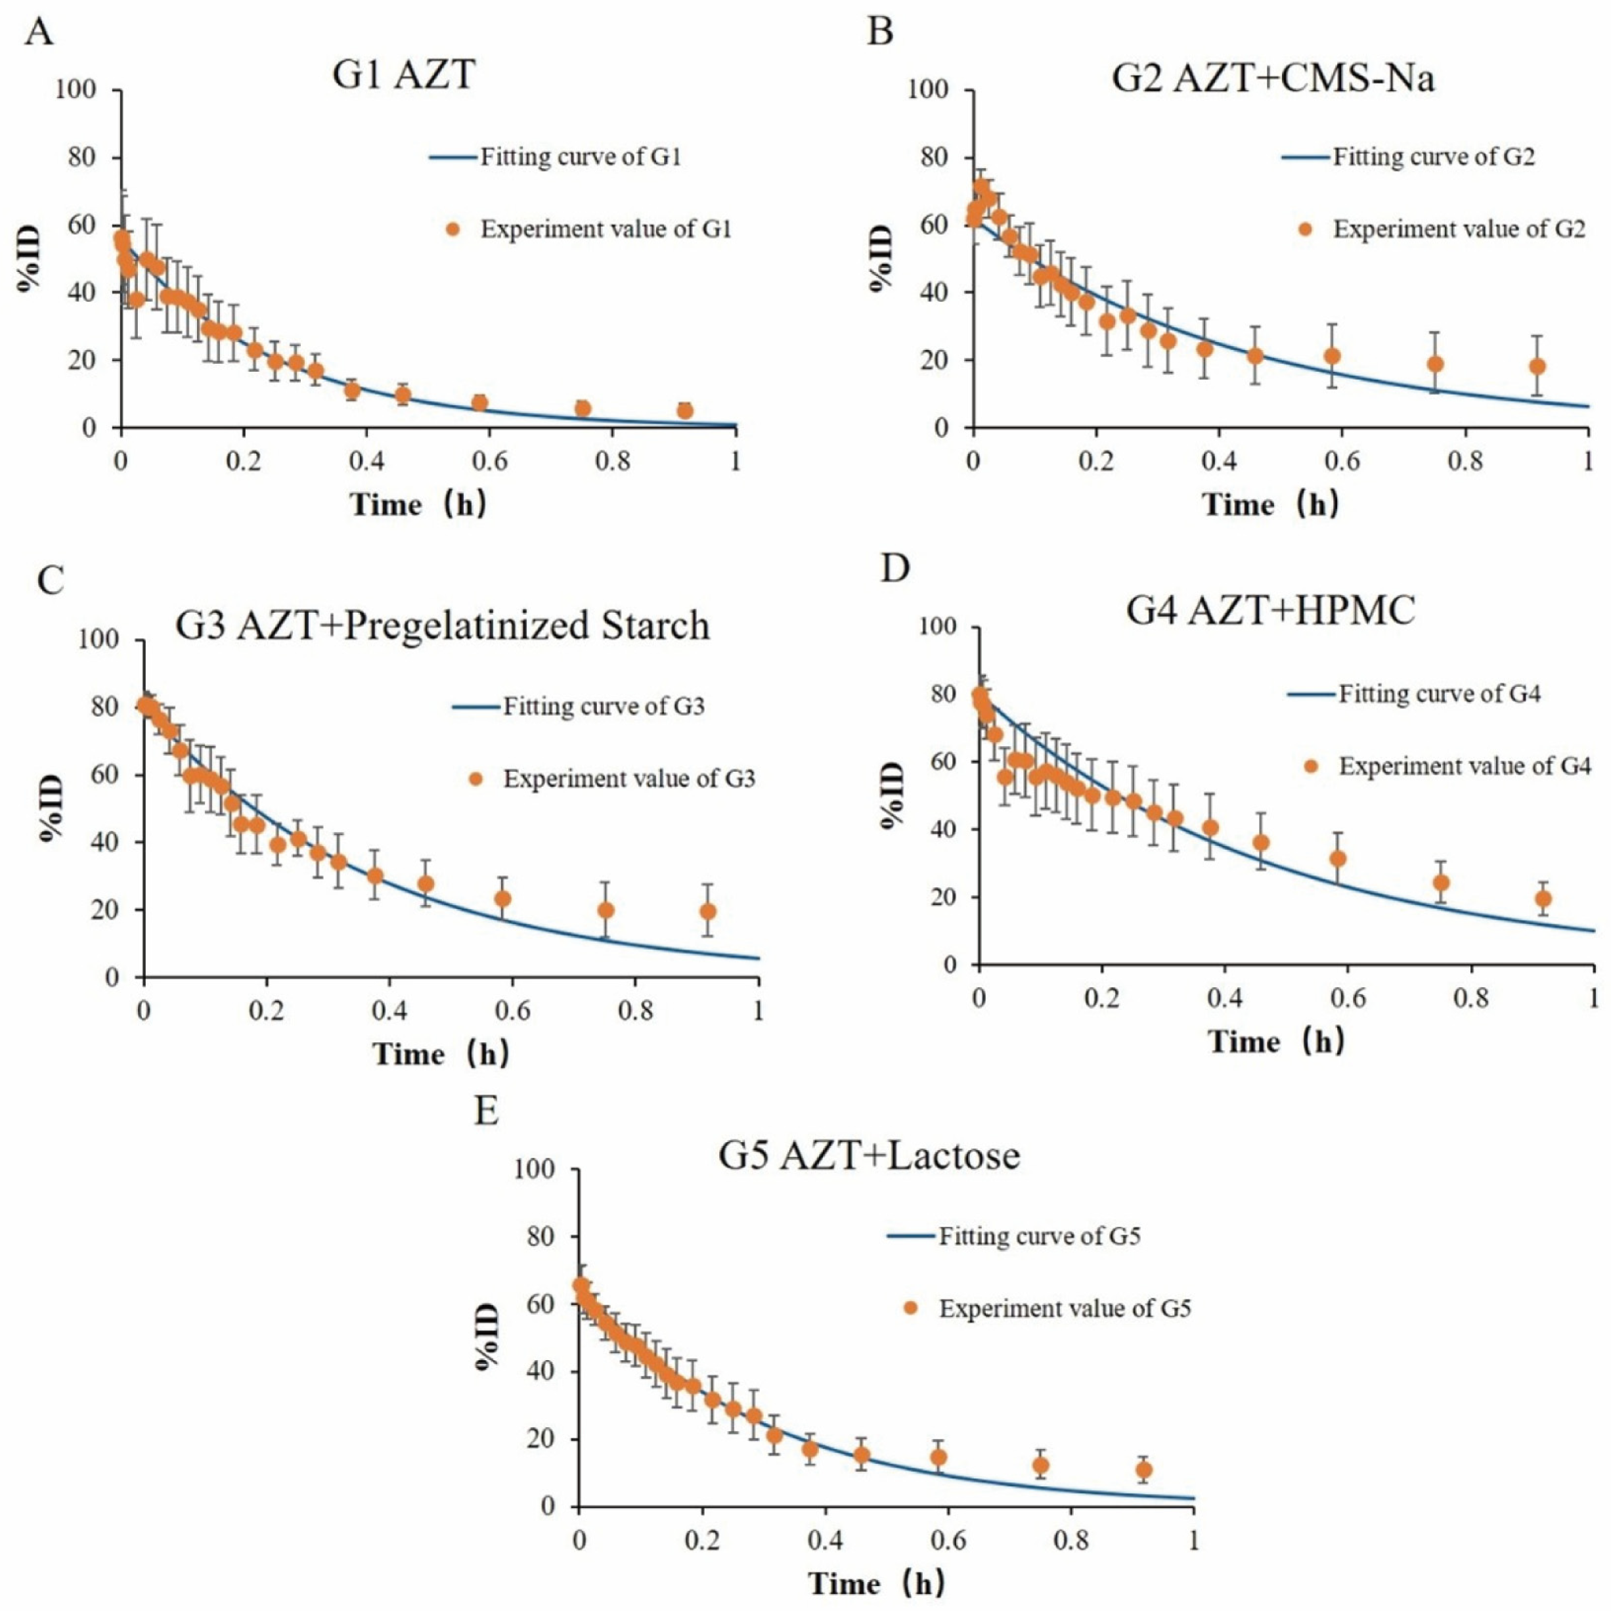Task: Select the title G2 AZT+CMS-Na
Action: coord(1273,79)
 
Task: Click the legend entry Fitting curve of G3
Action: coord(579,706)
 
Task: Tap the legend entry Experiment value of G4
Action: coord(1447,766)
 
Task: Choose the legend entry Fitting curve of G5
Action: coord(1013,1235)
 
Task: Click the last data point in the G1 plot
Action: coord(685,410)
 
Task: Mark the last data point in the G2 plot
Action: coord(1537,366)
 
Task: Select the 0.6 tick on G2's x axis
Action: coord(1341,460)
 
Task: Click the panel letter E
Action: coord(487,1111)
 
